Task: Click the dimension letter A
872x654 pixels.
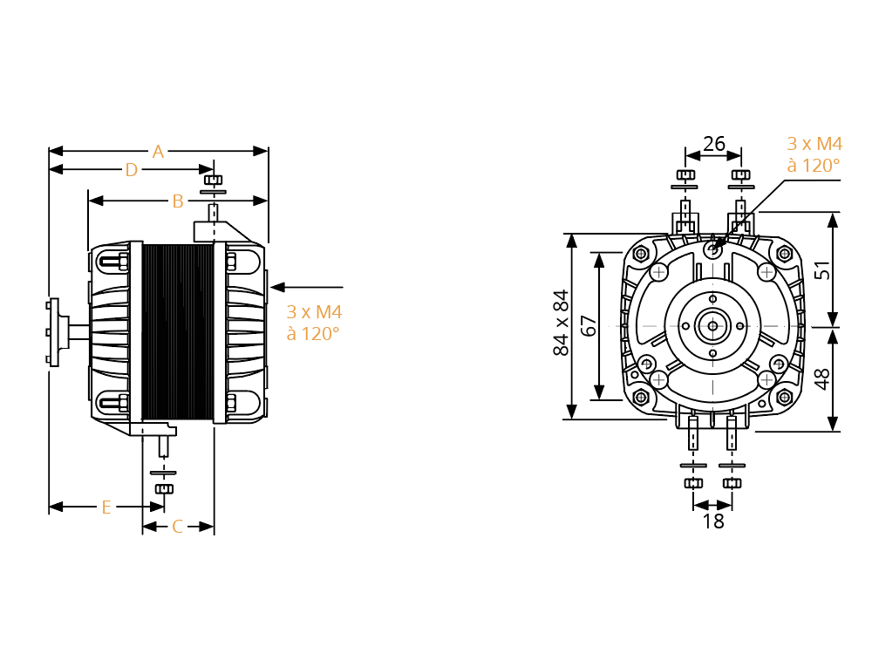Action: click(159, 151)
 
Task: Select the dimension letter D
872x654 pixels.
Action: click(132, 170)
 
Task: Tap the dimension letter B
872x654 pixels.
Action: click(178, 201)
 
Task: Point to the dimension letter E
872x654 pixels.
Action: click(106, 508)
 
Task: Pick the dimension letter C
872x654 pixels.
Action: click(177, 526)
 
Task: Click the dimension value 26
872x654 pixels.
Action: click(714, 144)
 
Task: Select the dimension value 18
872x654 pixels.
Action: click(713, 521)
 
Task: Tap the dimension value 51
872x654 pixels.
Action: click(822, 270)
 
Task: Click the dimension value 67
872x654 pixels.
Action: click(589, 326)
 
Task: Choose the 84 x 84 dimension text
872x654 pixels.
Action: click(561, 324)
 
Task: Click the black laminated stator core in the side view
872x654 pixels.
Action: click(177, 331)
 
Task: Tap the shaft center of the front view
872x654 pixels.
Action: click(713, 326)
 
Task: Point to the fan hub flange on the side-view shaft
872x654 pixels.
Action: click(54, 332)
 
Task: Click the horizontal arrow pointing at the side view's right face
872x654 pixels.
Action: click(306, 287)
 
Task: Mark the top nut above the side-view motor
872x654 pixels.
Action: click(213, 180)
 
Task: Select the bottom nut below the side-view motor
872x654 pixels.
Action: click(164, 489)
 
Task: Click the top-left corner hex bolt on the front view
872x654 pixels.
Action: click(641, 254)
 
